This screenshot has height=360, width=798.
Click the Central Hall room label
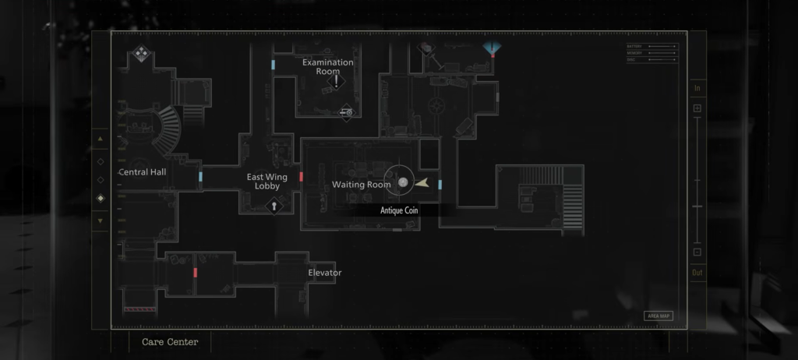[x=142, y=171]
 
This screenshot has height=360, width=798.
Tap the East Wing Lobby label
[x=267, y=182]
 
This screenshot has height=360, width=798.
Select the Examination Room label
[x=327, y=67]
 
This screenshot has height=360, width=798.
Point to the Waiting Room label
[x=361, y=185]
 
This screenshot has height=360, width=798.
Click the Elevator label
[x=324, y=273]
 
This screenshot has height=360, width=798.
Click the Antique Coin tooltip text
[x=399, y=210]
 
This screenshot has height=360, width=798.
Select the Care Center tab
[x=170, y=342]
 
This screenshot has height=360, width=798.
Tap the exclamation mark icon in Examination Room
[x=337, y=81]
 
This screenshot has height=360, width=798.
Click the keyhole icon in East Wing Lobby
[x=274, y=206]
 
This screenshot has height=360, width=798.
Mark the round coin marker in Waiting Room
[x=403, y=182]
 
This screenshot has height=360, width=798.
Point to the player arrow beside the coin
[x=422, y=183]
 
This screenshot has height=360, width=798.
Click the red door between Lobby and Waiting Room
[x=301, y=177]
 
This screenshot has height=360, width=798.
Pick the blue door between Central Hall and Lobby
[x=200, y=177]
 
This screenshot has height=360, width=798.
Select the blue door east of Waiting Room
[x=440, y=185]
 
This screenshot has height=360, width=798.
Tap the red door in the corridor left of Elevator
[x=194, y=272]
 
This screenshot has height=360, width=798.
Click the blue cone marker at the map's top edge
[x=489, y=49]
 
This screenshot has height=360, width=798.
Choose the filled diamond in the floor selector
[x=100, y=199]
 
